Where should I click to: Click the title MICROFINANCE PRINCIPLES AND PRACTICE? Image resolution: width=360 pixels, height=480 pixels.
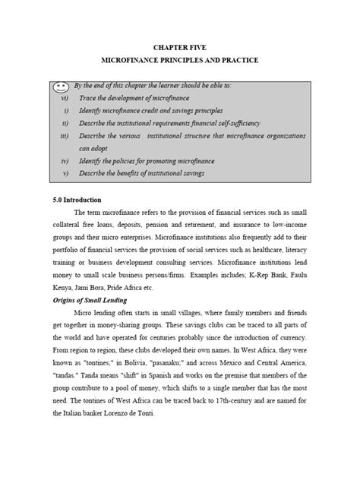[180, 59]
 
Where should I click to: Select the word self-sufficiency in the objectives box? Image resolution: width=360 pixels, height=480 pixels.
[257, 123]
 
